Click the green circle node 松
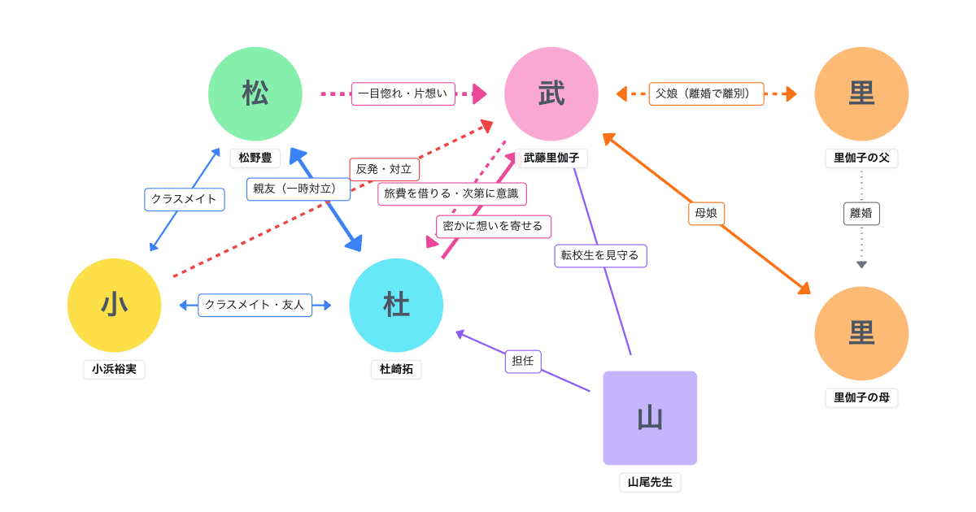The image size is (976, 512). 255,93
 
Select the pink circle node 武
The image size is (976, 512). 551,93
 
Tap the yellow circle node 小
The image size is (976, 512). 114,305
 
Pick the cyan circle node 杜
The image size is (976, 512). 396,305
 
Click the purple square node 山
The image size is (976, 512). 650,418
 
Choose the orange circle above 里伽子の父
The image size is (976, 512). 861,93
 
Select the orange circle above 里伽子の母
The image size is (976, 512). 861,333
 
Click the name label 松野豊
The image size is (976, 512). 255,158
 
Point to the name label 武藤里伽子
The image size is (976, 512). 551,158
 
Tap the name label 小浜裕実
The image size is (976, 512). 114,369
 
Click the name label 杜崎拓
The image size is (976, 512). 396,369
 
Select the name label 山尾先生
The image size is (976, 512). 650,482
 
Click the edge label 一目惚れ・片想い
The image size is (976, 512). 403,93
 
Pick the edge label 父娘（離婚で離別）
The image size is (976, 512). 706,93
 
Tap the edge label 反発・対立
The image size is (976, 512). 385,169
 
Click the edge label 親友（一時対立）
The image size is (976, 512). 298,189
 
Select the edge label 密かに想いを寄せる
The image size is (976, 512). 494,226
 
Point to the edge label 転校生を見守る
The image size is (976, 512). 600,255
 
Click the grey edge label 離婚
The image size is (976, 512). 861,214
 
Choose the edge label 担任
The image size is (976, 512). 523,361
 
